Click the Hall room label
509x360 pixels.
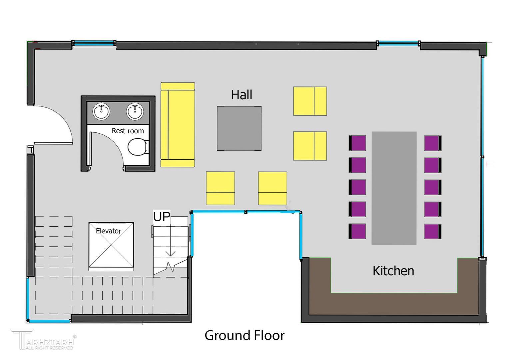(241, 95)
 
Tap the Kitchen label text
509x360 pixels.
(393, 271)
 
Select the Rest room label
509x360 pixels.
(128, 131)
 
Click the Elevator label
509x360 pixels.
(108, 231)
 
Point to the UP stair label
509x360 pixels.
(162, 217)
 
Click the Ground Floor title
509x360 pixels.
(245, 335)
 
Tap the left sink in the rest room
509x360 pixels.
(101, 111)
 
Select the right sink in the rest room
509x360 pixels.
(135, 111)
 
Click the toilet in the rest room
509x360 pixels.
(138, 147)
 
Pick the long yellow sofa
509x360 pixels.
(178, 125)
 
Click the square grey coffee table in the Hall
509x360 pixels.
(239, 128)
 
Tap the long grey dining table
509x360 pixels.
(394, 188)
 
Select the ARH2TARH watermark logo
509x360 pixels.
(44, 339)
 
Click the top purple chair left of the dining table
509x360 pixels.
(357, 143)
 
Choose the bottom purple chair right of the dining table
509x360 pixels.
(433, 231)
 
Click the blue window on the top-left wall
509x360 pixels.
(94, 43)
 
